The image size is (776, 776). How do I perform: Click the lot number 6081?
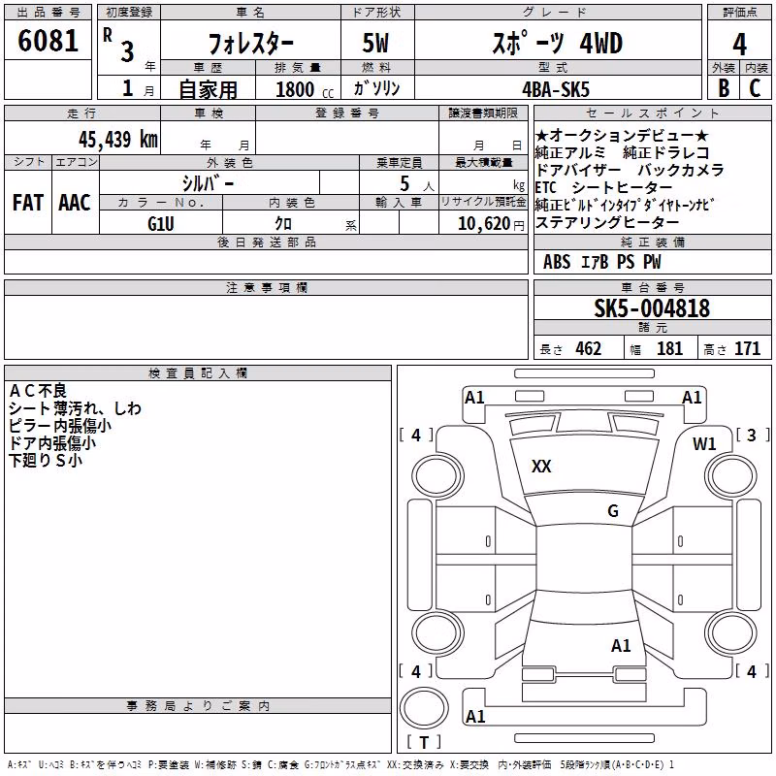(48, 41)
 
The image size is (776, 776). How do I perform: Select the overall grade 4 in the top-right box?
(739, 45)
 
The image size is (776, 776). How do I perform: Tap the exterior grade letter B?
(724, 88)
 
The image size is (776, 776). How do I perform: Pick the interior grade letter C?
(755, 88)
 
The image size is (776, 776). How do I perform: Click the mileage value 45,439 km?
(118, 140)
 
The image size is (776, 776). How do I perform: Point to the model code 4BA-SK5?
(556, 89)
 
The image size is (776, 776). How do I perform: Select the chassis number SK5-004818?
(652, 308)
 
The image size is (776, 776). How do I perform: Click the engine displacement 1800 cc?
(305, 89)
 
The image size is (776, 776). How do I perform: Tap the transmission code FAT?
(28, 203)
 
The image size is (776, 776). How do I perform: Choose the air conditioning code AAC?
(75, 203)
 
